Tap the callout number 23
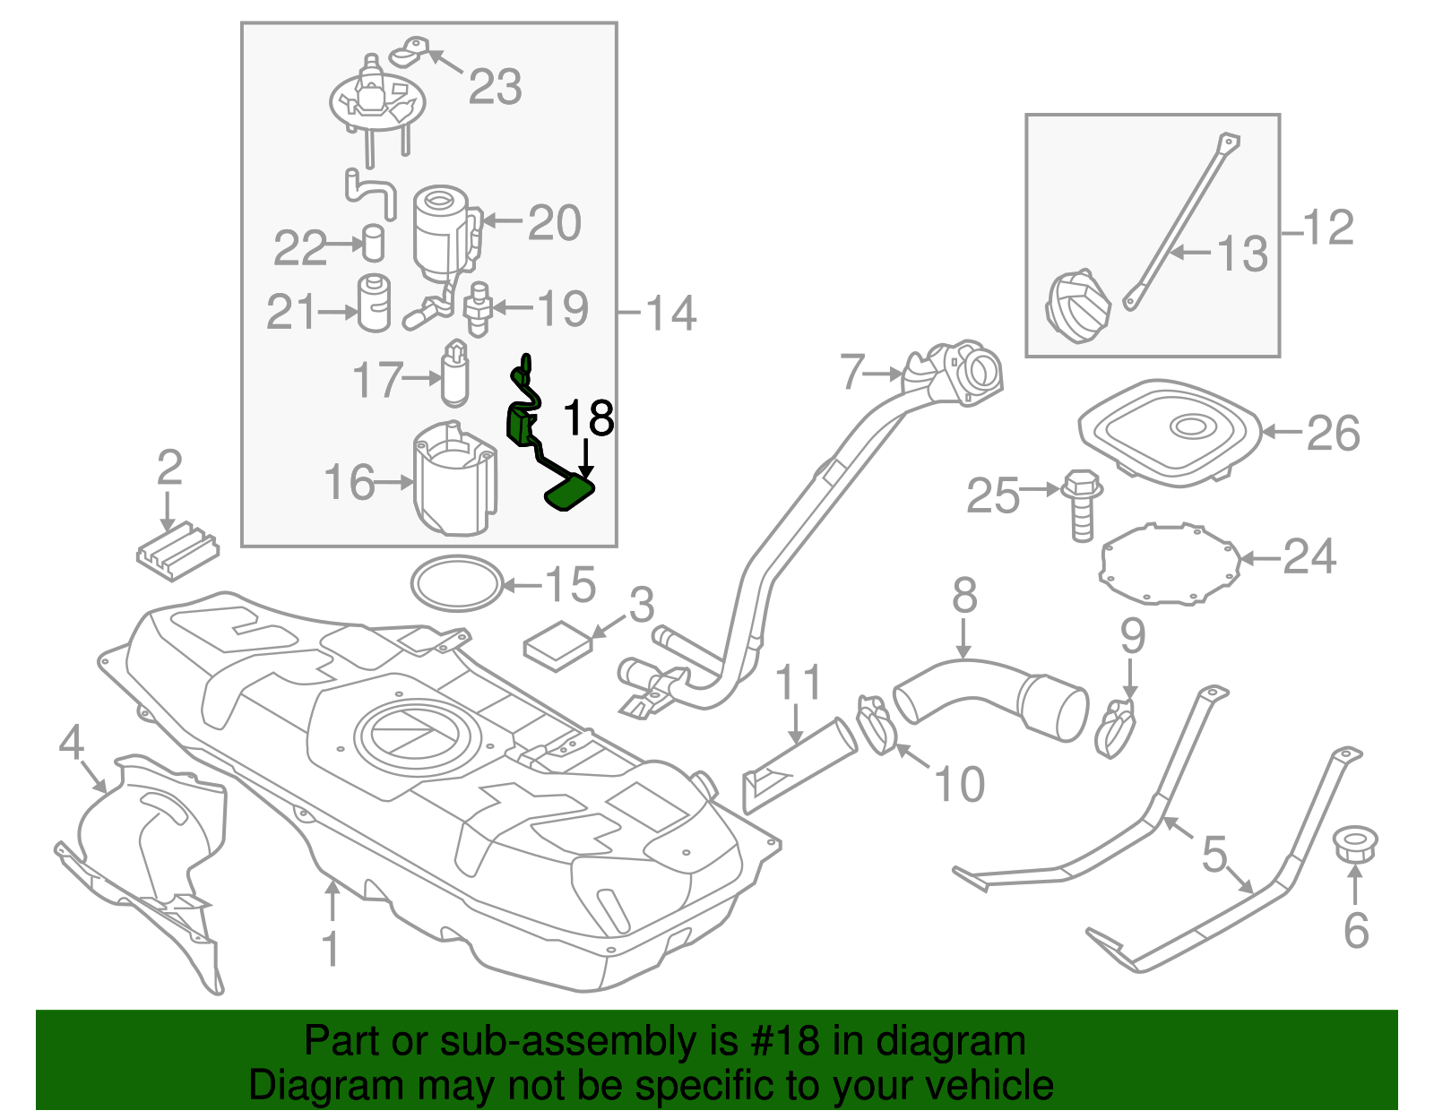(495, 88)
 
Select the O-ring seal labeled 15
(456, 584)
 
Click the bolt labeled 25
(1081, 505)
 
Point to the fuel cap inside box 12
(1077, 305)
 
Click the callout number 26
(1333, 434)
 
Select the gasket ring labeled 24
(1169, 564)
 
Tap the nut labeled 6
(1354, 845)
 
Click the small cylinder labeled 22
(373, 242)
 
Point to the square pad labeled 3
(557, 645)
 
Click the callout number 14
(670, 313)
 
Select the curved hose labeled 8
(986, 699)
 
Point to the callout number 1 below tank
(331, 948)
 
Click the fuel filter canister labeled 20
(441, 231)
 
